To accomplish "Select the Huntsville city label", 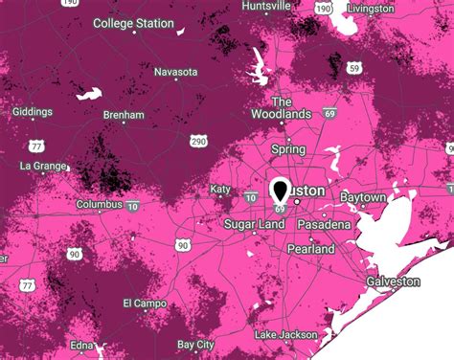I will click(x=266, y=6).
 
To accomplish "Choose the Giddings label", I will click(x=33, y=111).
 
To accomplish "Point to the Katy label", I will click(x=221, y=190).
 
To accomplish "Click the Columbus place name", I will click(x=98, y=205).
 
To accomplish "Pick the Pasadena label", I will click(x=322, y=223).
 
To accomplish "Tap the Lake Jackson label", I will click(x=284, y=335).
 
